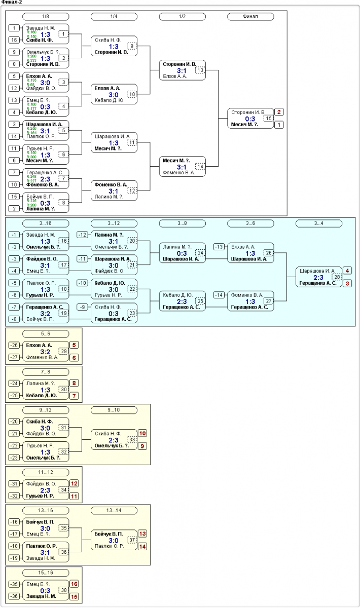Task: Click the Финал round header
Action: coord(250,16)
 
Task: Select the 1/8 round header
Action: coord(46,16)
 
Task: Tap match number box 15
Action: coord(268,118)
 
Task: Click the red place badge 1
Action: coord(279,125)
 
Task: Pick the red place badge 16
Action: coord(74,584)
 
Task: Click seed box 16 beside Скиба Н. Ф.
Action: coord(15,40)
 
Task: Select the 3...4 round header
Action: coord(319,223)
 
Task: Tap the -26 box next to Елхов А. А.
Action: coord(15,345)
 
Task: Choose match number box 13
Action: coord(200,70)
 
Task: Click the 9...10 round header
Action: coord(114,411)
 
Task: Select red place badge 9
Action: coord(142,446)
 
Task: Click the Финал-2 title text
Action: coord(12,3)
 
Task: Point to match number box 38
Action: coord(63,590)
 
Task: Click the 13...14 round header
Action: coord(114,510)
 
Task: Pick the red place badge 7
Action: coord(74,395)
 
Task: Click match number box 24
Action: coord(200,252)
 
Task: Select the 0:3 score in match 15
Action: coord(250,119)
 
